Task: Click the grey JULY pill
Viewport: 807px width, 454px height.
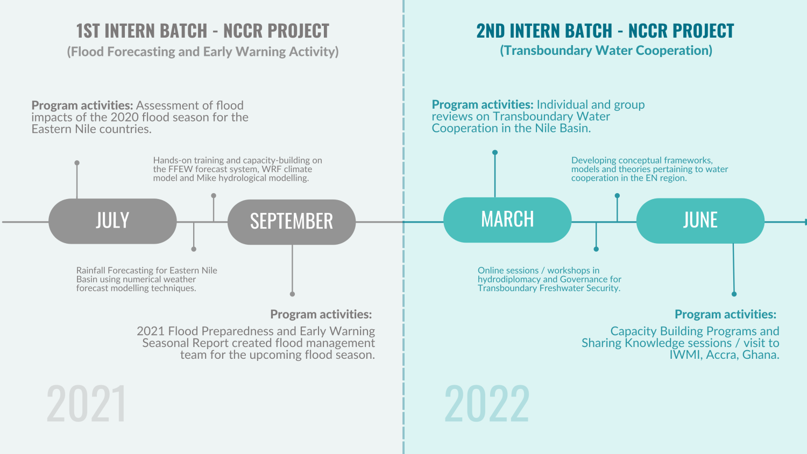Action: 112,221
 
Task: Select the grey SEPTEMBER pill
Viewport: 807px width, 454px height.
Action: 292,222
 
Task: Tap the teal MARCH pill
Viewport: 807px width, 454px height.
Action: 507,219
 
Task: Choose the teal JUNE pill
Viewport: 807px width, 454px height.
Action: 700,221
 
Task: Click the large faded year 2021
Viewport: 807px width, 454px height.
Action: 86,403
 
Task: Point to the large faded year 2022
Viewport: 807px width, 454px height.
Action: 487,403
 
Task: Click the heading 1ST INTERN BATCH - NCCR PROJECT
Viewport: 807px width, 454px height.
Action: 202,31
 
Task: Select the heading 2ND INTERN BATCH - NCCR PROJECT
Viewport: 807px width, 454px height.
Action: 605,31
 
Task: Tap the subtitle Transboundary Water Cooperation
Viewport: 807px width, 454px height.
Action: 606,51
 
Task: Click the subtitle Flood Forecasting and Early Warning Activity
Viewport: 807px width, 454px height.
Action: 202,52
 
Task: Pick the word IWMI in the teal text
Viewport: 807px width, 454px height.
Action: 685,355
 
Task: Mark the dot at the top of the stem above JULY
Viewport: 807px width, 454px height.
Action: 77,162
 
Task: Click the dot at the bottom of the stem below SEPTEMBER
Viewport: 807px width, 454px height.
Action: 292,294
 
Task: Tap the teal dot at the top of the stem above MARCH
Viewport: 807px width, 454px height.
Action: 495,152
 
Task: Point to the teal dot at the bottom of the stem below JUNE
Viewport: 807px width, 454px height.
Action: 734,294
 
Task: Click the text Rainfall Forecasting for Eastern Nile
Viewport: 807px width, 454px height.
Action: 146,271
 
